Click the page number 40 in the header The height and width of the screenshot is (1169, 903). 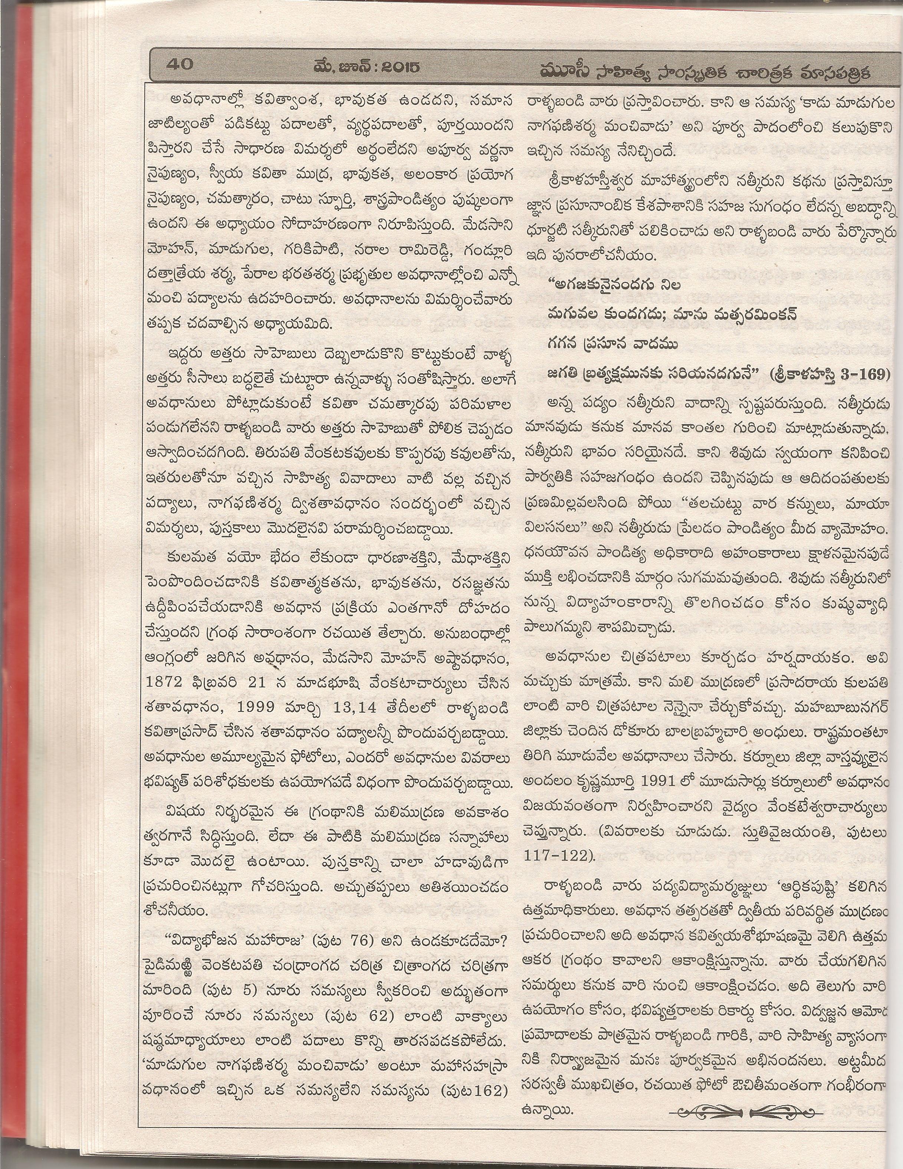(180, 65)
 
